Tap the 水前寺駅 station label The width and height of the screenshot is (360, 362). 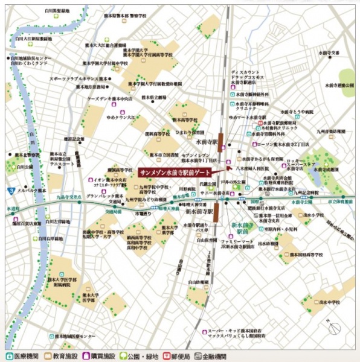point(205,141)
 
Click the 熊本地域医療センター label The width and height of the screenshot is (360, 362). point(75,336)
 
